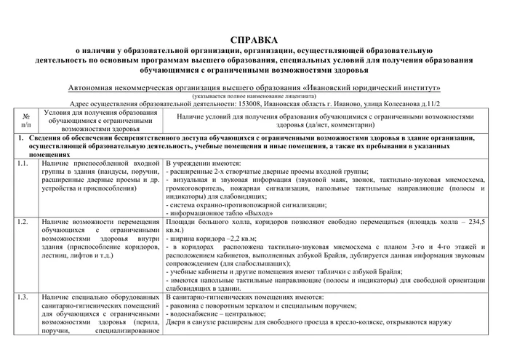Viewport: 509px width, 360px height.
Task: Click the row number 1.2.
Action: [x=23, y=220]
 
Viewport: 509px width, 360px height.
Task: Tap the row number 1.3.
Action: [x=23, y=297]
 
